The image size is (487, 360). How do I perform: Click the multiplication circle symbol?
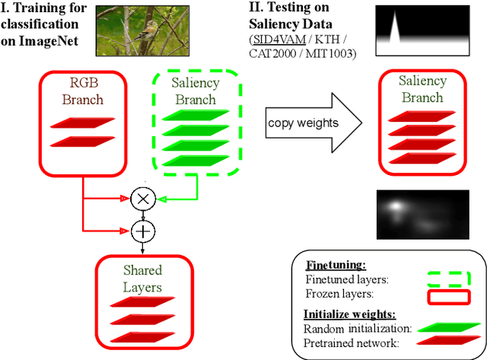(x=142, y=199)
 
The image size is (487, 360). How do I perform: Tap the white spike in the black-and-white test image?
(x=395, y=30)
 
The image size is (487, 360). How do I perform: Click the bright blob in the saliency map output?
(x=396, y=205)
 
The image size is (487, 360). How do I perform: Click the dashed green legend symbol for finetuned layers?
(x=449, y=279)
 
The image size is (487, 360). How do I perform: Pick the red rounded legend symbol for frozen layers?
(x=449, y=296)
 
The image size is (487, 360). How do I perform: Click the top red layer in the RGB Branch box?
(x=82, y=122)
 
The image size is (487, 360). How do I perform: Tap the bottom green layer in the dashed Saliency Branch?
(x=195, y=161)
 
